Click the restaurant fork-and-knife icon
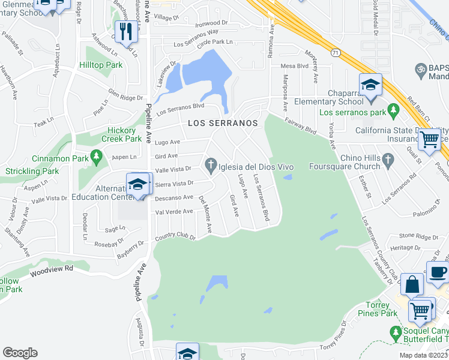point(125,31)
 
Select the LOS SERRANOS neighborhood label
point(222,123)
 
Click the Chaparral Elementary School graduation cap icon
point(370,85)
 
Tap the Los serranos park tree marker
point(393,110)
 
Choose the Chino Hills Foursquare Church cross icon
point(388,159)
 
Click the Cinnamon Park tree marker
point(96,157)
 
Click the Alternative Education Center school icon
point(137,184)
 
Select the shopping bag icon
point(413,286)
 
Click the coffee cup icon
point(438,272)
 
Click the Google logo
point(20,353)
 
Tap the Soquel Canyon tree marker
point(395,332)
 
